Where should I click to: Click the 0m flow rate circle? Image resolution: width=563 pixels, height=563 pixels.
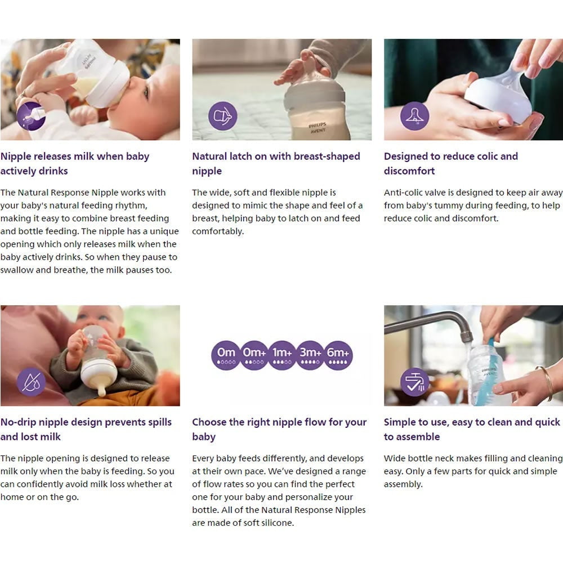pos(226,355)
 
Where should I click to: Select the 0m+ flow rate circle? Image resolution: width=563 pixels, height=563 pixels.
pos(254,355)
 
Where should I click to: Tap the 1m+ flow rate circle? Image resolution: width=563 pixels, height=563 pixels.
pos(282,355)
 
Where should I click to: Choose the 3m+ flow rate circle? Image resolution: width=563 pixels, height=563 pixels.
pos(310,355)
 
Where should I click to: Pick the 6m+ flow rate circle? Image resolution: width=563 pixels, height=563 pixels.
pos(338,355)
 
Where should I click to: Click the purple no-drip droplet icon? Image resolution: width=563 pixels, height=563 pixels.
pos(31,382)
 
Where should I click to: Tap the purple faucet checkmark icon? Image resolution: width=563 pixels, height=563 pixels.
pos(415,382)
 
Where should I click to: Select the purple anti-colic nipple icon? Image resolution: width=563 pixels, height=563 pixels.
pos(415,116)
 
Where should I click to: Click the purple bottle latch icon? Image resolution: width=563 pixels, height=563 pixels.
pos(223,116)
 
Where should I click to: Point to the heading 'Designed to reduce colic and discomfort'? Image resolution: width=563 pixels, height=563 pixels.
pos(450,163)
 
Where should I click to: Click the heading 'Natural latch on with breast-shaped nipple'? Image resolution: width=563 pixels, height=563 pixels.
pos(276,163)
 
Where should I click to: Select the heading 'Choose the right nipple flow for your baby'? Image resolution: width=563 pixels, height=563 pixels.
pos(279,429)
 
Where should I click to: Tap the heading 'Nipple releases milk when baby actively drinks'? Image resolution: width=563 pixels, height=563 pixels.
pos(75,163)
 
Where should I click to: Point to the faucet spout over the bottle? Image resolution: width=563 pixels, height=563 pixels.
pos(467,336)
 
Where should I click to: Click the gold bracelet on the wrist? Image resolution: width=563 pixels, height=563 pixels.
pos(547,383)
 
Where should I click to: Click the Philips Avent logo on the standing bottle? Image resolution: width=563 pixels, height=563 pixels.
pos(318,128)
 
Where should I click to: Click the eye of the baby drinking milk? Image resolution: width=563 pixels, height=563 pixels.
pos(146,93)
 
